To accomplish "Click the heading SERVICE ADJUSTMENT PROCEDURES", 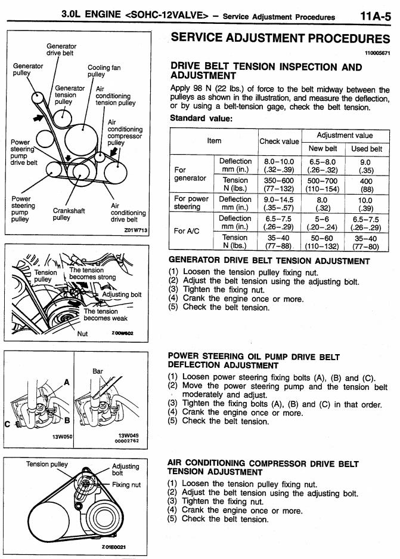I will click(x=280, y=38).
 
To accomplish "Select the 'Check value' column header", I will click(x=279, y=142).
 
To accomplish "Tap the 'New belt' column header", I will click(x=323, y=149).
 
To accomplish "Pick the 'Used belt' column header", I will click(x=367, y=149).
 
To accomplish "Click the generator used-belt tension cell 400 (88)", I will click(x=366, y=184).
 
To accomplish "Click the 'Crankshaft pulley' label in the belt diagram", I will click(x=69, y=214).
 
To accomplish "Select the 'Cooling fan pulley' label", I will click(x=104, y=71).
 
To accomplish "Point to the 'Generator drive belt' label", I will click(x=61, y=49).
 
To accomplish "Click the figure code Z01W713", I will click(x=136, y=229).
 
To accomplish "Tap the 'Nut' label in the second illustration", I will click(x=83, y=333).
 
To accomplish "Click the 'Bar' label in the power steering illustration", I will click(x=98, y=371).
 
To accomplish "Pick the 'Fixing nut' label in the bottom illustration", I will click(x=126, y=484).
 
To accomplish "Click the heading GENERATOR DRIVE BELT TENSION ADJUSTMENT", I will click(x=269, y=261).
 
